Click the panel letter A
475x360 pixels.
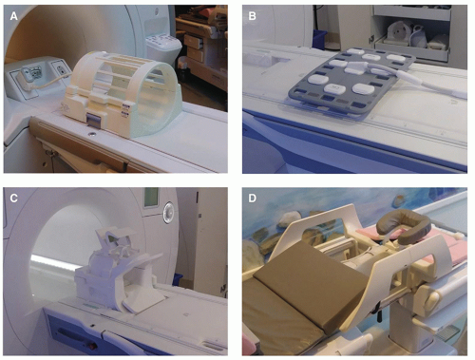[x=13, y=16]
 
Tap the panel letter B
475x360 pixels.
[x=252, y=16]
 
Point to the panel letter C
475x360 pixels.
[x=13, y=199]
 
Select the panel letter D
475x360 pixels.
[x=252, y=199]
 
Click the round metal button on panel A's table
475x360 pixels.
[x=92, y=135]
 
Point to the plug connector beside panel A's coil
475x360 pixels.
[x=27, y=77]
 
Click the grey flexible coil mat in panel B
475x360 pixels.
[x=351, y=82]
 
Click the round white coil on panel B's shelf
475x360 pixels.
[x=399, y=32]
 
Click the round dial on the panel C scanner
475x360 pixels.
[x=169, y=212]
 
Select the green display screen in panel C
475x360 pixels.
[x=151, y=198]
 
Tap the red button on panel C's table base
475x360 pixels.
[x=92, y=347]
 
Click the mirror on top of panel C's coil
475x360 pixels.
[x=115, y=238]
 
